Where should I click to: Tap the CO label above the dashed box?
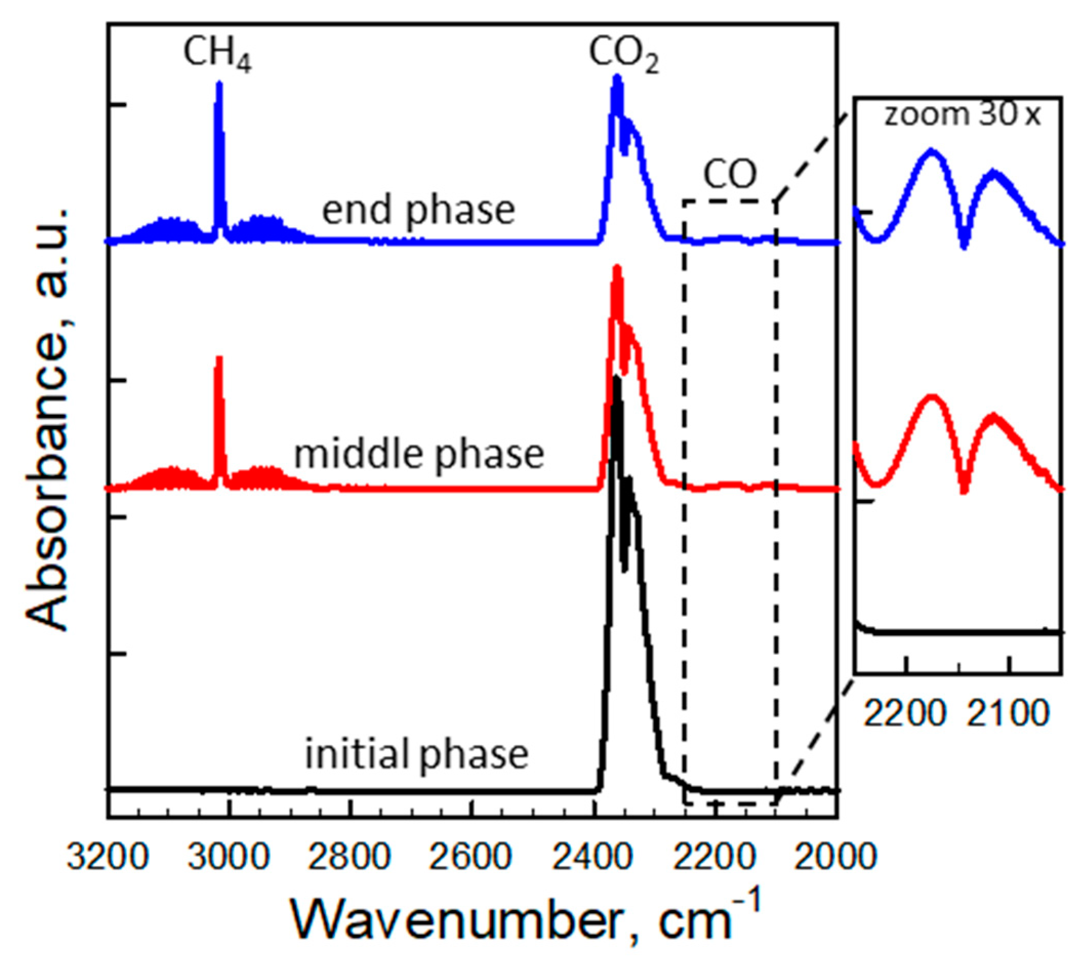730,174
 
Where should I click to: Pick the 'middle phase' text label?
419,454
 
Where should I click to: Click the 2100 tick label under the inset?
1008,713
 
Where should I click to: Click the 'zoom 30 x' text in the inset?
962,115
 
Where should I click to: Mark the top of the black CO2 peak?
617,377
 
